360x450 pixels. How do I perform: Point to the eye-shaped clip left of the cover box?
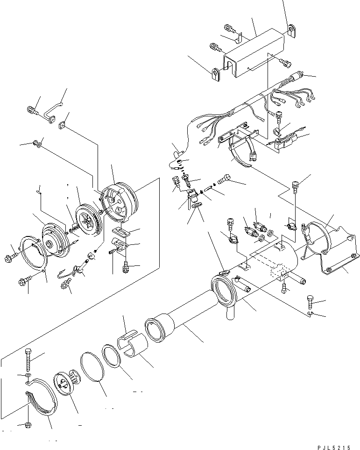(x=216, y=74)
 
